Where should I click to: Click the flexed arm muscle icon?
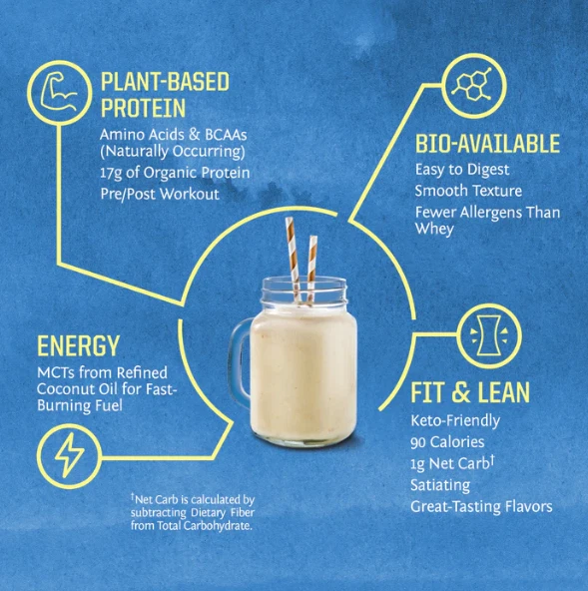click(x=59, y=91)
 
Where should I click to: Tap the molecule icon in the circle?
click(x=472, y=85)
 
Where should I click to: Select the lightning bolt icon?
click(x=69, y=455)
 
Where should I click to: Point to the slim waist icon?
click(x=489, y=335)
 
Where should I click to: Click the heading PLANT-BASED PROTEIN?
click(x=165, y=95)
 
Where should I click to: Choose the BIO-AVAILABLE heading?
click(x=488, y=144)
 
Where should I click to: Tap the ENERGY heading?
click(x=79, y=345)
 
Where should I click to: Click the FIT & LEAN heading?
click(x=470, y=392)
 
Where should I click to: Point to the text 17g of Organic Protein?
click(x=175, y=173)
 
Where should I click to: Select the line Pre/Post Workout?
click(x=160, y=194)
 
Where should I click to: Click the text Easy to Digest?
click(x=462, y=170)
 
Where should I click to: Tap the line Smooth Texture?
click(x=468, y=191)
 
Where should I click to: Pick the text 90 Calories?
click(x=447, y=442)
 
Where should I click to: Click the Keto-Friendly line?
click(x=455, y=420)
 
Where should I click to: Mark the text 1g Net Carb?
click(x=450, y=463)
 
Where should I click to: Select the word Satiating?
click(x=440, y=485)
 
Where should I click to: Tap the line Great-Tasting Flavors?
click(x=481, y=506)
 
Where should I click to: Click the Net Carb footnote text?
click(x=193, y=512)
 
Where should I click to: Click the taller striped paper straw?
click(x=294, y=261)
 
